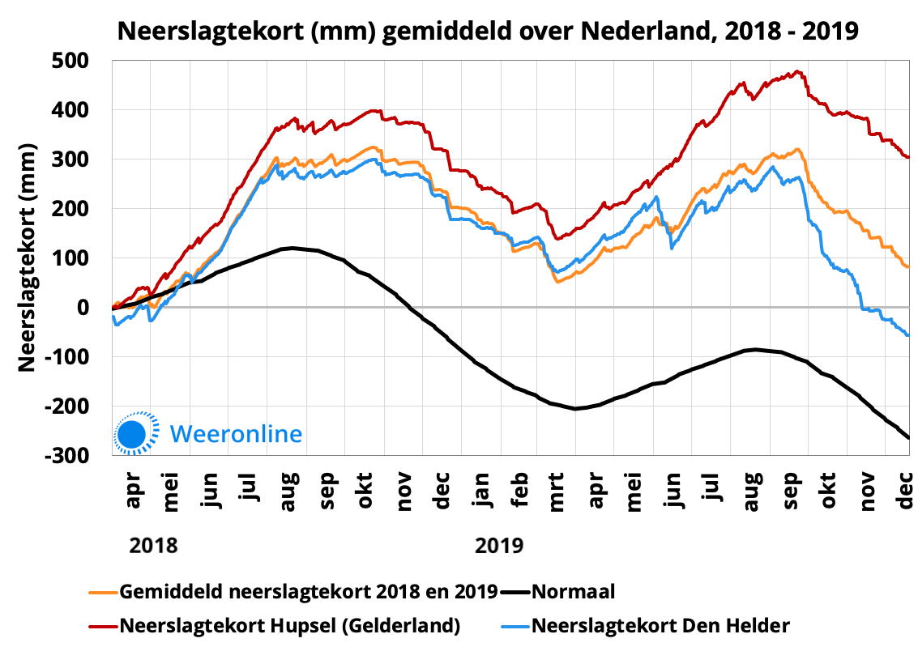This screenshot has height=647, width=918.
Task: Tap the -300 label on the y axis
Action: click(79, 456)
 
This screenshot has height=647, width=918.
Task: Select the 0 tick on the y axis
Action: click(94, 308)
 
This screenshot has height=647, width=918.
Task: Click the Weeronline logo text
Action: click(236, 434)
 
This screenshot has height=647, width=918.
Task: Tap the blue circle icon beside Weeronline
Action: click(131, 434)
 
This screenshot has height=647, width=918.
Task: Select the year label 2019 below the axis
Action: click(498, 544)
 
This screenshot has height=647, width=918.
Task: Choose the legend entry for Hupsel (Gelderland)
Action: click(290, 625)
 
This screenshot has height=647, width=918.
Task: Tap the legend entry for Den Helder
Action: click(660, 625)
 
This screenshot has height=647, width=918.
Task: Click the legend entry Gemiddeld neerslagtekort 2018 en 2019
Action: click(308, 592)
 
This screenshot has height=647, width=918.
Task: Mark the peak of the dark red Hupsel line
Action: click(797, 71)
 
